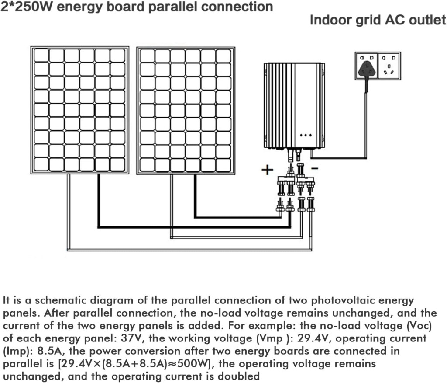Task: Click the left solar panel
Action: tap(80, 109)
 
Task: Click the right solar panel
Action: tap(186, 109)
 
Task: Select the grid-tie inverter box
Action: tap(294, 105)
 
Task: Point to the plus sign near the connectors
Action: tap(267, 170)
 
